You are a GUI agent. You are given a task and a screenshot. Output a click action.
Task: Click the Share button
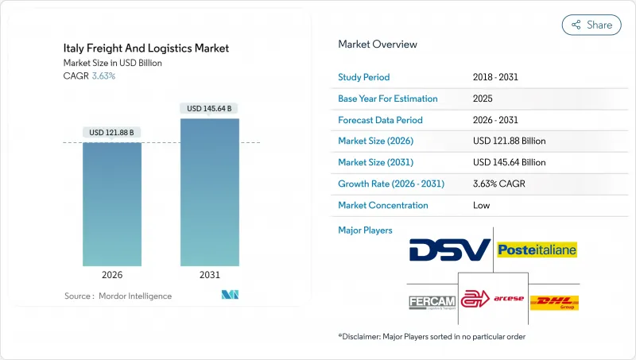tap(591, 25)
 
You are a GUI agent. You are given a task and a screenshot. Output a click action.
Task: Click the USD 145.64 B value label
tap(210, 108)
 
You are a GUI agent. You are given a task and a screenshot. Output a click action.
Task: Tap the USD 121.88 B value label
tap(113, 132)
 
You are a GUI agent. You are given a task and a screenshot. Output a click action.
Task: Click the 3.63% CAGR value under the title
tap(103, 76)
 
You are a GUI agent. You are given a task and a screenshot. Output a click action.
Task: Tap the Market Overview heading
tap(378, 45)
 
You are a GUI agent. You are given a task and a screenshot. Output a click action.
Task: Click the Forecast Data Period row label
tap(381, 120)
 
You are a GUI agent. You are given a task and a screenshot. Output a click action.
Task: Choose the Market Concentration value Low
tap(481, 205)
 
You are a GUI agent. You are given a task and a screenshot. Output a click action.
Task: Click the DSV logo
tap(449, 250)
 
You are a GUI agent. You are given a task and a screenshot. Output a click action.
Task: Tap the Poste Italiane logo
tap(537, 250)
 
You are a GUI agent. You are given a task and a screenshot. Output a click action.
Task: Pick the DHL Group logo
tap(554, 302)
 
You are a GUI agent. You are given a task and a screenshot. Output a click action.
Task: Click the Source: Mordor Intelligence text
tap(118, 296)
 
